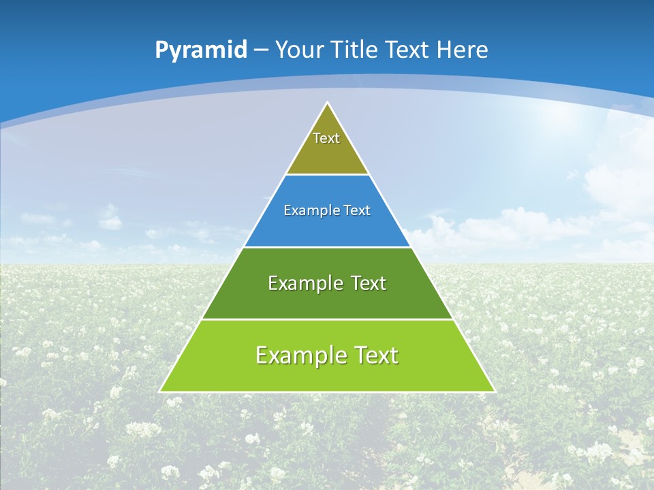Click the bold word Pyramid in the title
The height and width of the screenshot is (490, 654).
tap(201, 50)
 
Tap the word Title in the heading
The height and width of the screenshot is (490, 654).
tap(356, 50)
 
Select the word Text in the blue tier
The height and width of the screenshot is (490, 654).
tap(356, 211)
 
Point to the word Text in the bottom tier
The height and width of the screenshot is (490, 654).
tap(375, 355)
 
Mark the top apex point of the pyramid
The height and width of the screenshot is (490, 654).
tap(328, 103)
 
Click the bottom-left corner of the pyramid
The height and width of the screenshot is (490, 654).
tap(161, 391)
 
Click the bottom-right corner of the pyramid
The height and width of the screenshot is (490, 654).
tap(494, 391)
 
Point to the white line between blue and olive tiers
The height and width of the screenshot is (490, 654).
tap(327, 175)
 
